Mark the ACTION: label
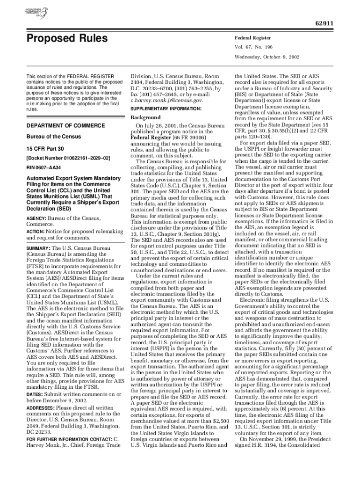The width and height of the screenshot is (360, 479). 35,232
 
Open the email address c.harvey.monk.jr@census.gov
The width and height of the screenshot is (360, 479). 166,100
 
